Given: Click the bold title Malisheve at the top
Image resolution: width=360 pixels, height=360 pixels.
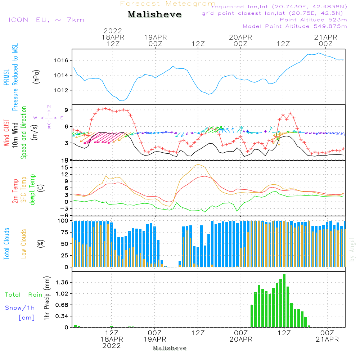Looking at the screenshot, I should point(154,15).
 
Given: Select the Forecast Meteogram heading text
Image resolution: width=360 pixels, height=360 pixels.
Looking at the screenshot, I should point(168,4).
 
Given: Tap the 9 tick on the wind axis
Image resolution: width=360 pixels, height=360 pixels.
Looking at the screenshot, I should point(67,110).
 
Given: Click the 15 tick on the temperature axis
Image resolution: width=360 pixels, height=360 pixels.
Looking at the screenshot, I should point(66,167).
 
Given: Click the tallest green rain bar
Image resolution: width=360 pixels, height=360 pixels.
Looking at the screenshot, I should point(284,301).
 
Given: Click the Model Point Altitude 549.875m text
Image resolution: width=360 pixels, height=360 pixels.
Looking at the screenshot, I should point(295,26).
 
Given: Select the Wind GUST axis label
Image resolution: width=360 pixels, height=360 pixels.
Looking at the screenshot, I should point(6,134).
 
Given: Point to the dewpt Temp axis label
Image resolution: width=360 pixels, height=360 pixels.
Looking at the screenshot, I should point(32,190).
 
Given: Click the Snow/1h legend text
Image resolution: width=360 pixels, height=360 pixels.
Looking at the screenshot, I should point(20,308).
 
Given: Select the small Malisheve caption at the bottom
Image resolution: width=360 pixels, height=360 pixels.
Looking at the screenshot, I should point(170,348).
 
